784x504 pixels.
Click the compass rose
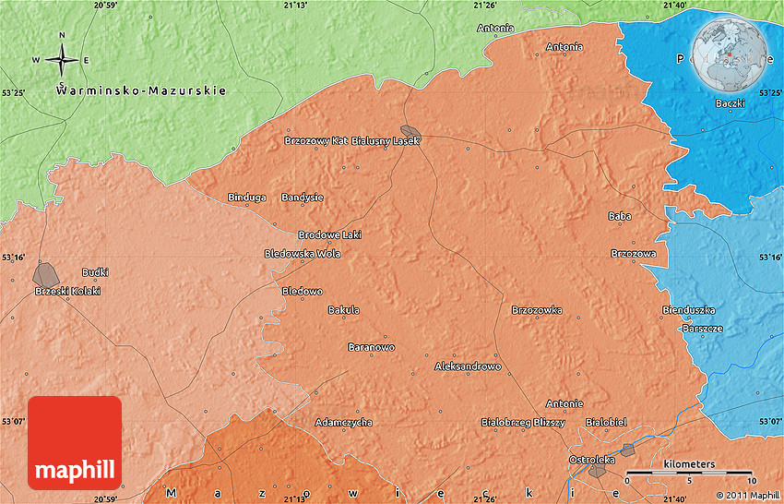click(62, 61)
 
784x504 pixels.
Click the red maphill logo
click(75, 442)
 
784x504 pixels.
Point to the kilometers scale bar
click(689, 472)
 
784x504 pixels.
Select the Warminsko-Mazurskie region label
click(141, 90)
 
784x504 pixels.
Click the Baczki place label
click(730, 103)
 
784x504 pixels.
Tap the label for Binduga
click(247, 198)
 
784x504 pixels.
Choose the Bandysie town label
click(303, 198)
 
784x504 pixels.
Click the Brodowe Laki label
click(329, 234)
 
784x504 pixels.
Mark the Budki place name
click(95, 272)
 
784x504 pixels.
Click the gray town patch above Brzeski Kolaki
click(44, 273)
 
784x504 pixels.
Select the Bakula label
click(344, 310)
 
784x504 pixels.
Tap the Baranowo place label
click(371, 347)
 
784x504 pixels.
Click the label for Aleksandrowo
click(468, 366)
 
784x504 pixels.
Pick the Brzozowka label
click(537, 310)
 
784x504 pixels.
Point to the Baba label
click(619, 216)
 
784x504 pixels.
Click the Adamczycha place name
click(344, 422)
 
